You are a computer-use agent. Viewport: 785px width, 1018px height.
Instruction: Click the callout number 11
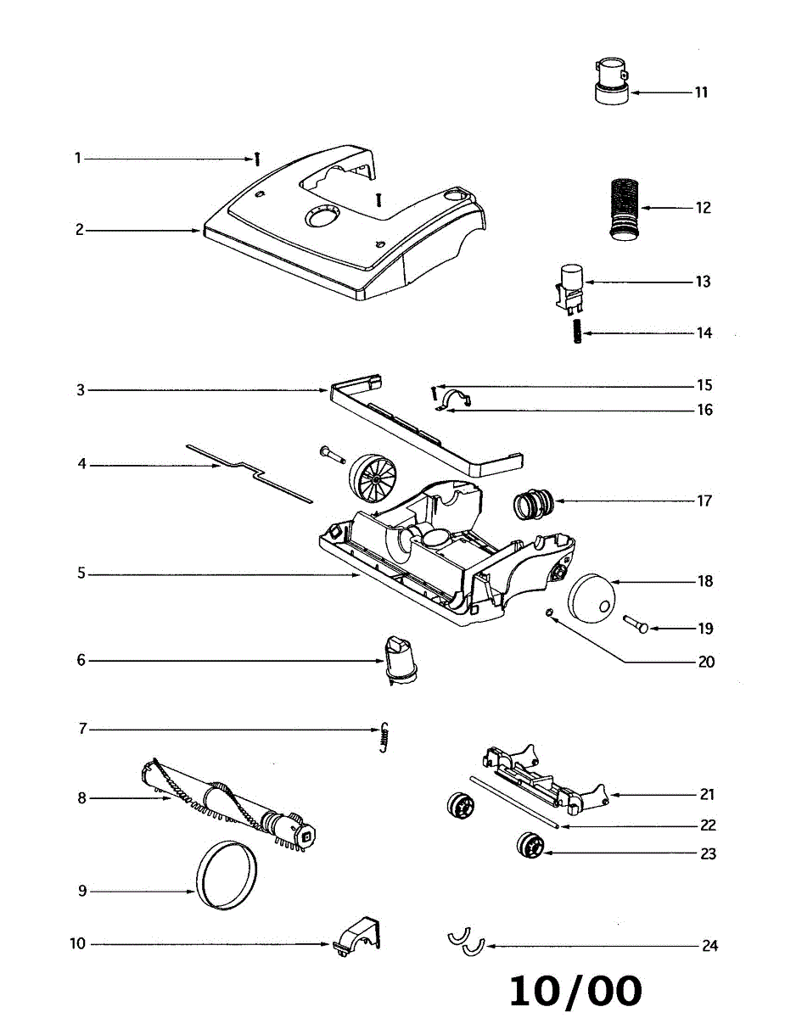(x=701, y=92)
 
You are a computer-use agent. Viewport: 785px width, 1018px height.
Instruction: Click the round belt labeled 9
(x=226, y=875)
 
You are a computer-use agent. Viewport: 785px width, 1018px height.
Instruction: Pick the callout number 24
(x=709, y=945)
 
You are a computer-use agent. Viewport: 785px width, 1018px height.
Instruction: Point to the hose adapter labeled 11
(x=610, y=81)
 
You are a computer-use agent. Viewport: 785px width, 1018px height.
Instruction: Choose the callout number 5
(x=81, y=574)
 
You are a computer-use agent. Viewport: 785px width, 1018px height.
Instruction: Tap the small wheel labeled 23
(x=530, y=847)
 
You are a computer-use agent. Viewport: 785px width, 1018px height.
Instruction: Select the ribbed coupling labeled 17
(x=533, y=504)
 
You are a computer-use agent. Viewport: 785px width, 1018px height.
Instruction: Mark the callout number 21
(x=707, y=795)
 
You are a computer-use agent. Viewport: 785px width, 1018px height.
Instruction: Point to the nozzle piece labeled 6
(x=397, y=659)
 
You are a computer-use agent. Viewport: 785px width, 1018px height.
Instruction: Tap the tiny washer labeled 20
(x=550, y=613)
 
